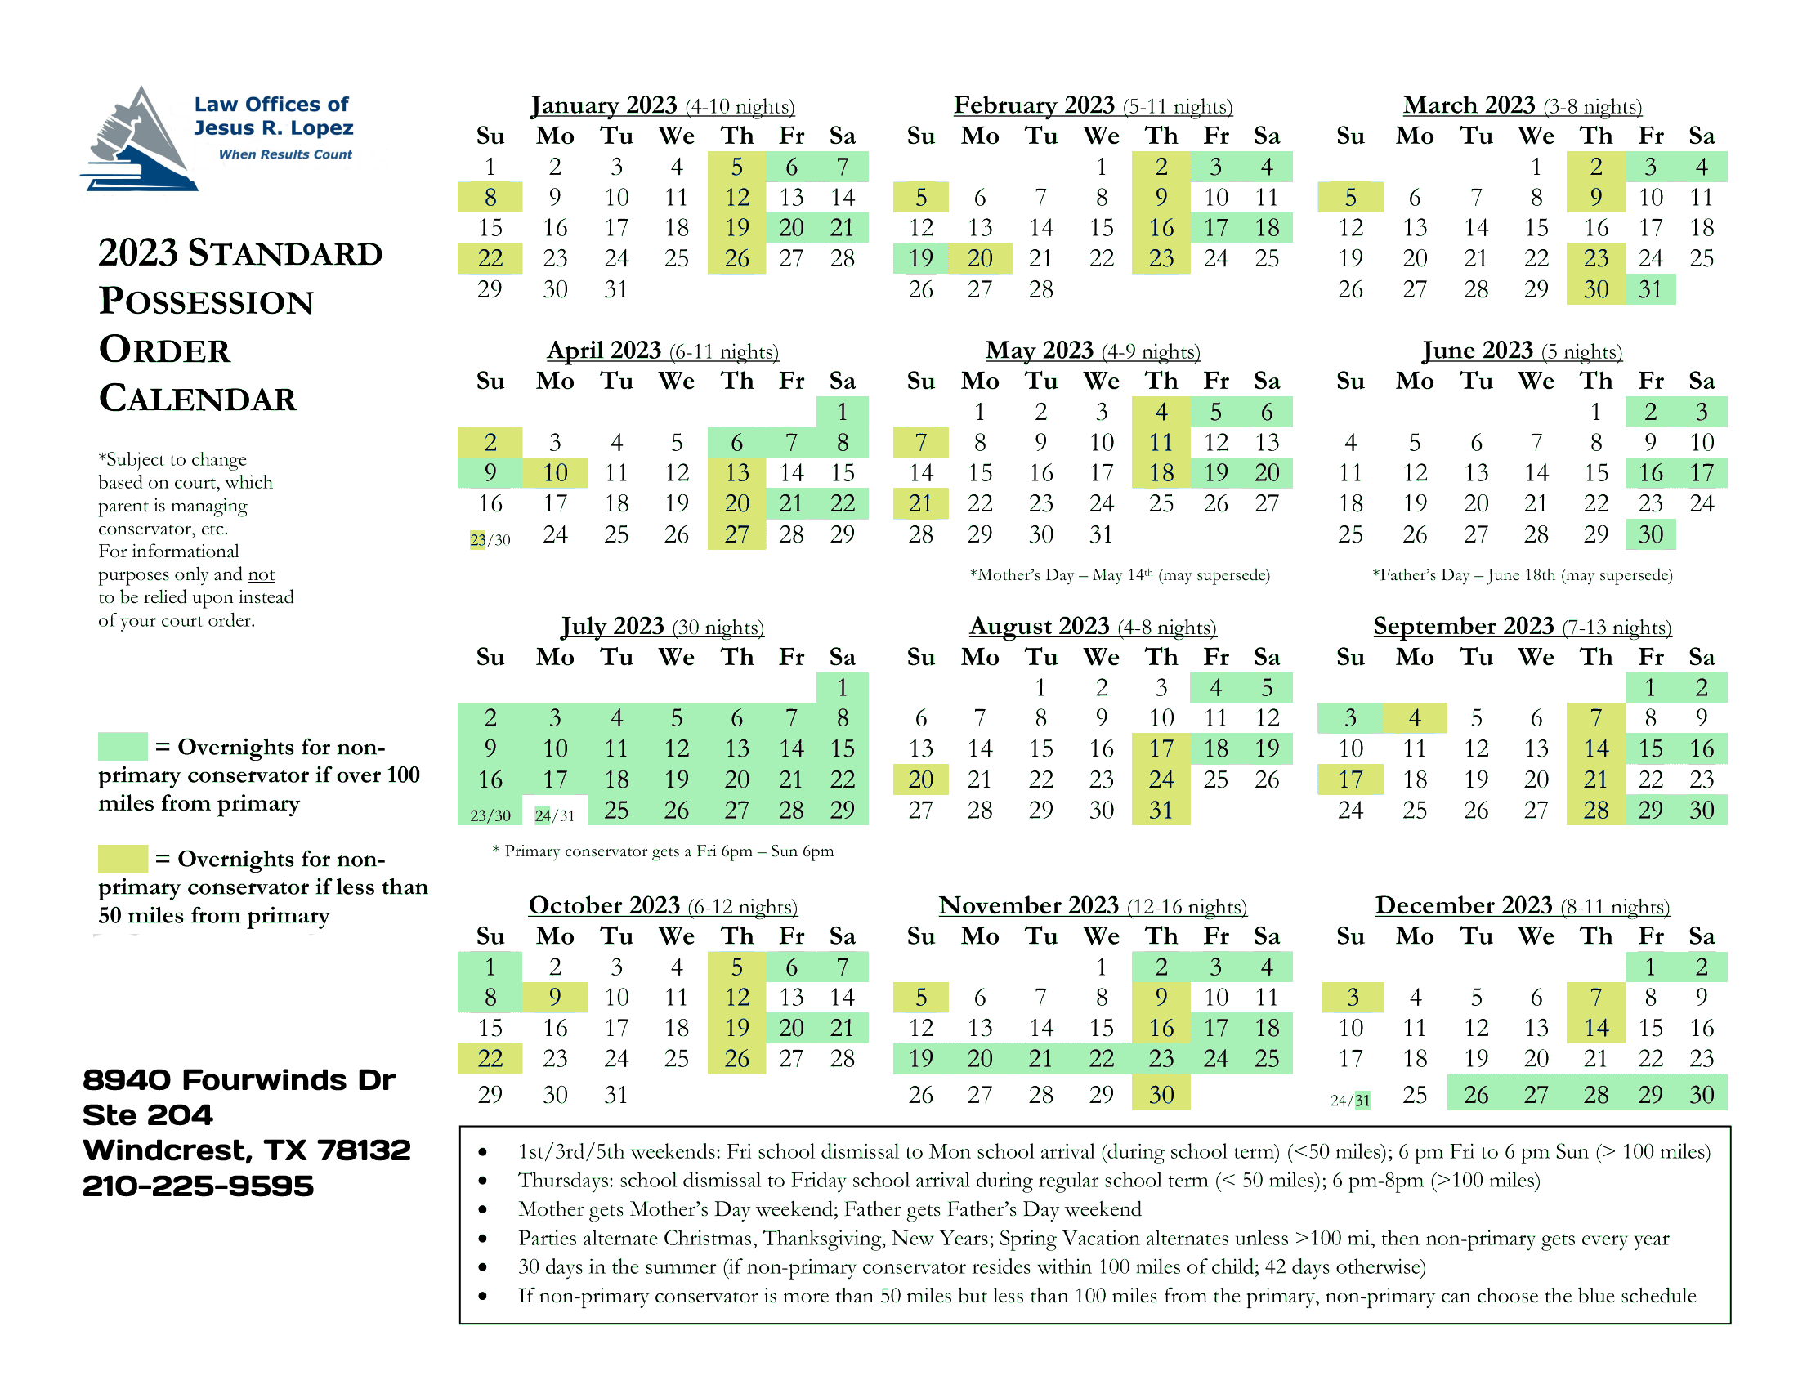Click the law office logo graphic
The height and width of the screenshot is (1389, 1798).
click(140, 140)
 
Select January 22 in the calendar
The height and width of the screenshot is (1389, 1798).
click(490, 258)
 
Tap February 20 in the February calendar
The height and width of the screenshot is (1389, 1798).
click(979, 258)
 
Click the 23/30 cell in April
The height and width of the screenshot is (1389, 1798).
click(490, 540)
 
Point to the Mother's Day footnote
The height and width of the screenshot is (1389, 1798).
click(1119, 574)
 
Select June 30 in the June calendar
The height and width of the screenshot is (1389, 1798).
click(1650, 535)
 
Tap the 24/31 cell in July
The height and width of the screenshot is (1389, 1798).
click(554, 815)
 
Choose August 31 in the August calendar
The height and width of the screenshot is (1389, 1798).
click(1161, 811)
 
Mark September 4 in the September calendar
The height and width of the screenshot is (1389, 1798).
click(1414, 718)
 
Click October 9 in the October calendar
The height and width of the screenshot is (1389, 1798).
click(554, 998)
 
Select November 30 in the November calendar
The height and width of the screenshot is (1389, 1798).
click(1161, 1094)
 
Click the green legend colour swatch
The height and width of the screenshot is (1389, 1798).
click(123, 746)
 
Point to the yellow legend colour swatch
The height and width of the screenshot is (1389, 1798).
click(123, 858)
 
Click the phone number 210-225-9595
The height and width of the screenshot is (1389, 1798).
click(198, 1186)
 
